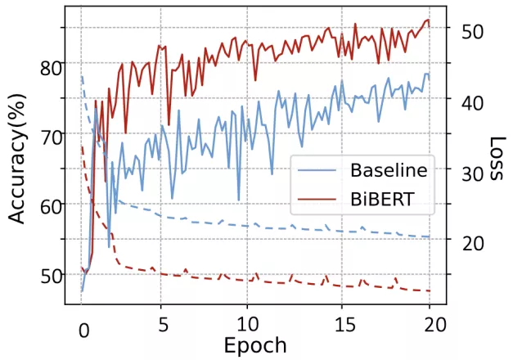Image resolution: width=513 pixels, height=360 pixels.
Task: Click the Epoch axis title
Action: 255,345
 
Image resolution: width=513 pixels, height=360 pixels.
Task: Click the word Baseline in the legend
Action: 389,171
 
